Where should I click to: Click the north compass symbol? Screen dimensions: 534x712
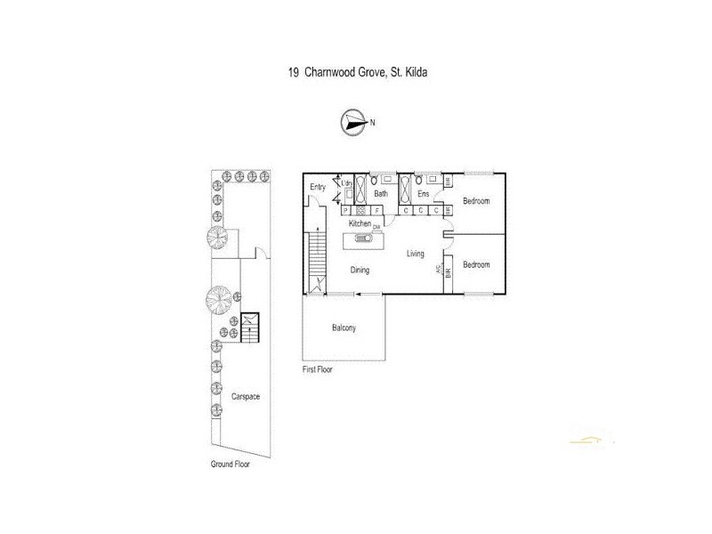[353, 123]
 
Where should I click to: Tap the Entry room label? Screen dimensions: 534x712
[318, 188]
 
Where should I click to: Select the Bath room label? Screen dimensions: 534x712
[380, 193]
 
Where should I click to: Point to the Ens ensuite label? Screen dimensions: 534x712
[424, 193]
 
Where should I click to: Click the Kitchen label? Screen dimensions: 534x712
[360, 223]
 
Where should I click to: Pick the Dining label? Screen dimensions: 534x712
[360, 270]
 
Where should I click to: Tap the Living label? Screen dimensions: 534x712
[416, 255]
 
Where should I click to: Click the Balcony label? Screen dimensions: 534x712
[344, 328]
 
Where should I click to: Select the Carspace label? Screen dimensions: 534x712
[246, 396]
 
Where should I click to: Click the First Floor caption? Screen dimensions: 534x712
[317, 368]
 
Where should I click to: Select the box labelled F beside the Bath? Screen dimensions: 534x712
[376, 211]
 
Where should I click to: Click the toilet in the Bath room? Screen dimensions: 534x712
[374, 181]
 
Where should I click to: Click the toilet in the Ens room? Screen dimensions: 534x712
[419, 181]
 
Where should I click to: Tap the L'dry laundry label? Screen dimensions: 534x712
[348, 183]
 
